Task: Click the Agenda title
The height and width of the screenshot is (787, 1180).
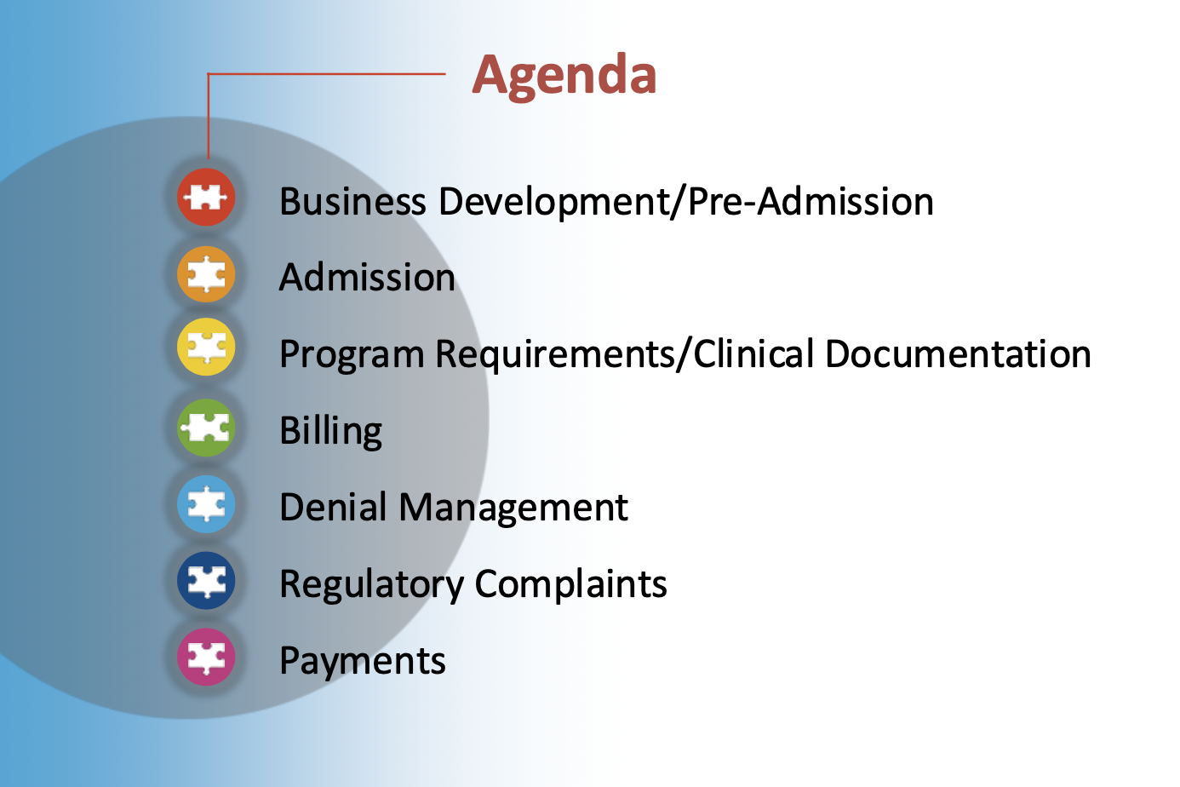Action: pyautogui.click(x=564, y=76)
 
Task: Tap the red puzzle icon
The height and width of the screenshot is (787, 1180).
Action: pyautogui.click(x=206, y=197)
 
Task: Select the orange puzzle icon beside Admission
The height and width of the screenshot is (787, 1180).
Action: pyautogui.click(x=206, y=274)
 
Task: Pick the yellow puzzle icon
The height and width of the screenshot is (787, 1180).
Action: pyautogui.click(x=206, y=347)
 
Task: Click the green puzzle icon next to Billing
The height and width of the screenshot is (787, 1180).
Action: pyautogui.click(x=206, y=428)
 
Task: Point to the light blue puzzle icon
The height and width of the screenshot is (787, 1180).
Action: pyautogui.click(x=206, y=504)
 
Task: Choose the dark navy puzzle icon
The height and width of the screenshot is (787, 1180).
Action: pyautogui.click(x=206, y=580)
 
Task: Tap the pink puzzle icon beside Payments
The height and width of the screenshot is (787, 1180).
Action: pyautogui.click(x=206, y=657)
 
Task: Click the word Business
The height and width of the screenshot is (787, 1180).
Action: pyautogui.click(x=353, y=201)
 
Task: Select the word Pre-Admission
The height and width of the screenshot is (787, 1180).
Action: pyautogui.click(x=811, y=201)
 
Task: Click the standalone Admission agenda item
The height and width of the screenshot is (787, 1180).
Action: pyautogui.click(x=367, y=278)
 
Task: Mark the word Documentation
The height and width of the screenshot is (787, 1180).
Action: pyautogui.click(x=959, y=353)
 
